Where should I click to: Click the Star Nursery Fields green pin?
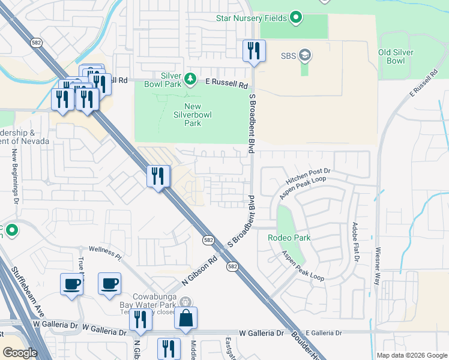click(295, 17)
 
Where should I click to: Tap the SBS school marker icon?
click(306, 56)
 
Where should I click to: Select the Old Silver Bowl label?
click(396, 57)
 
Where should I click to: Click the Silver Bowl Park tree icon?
click(190, 79)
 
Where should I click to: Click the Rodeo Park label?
click(289, 238)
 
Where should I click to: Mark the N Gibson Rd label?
click(199, 273)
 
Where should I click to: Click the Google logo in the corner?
click(20, 353)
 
